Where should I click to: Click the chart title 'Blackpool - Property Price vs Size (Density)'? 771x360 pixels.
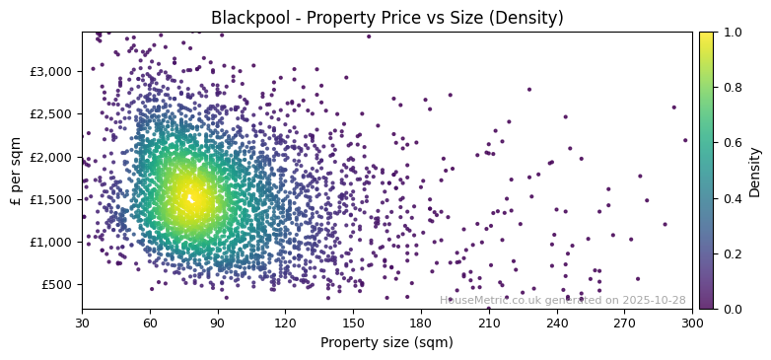coord(387,18)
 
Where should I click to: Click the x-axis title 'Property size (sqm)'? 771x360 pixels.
coord(386,343)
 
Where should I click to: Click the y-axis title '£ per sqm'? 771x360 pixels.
coord(17,171)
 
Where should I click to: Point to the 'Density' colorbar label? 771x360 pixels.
coord(754,171)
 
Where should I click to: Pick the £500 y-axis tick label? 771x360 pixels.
coord(57,284)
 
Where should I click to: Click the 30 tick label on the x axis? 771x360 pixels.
coord(82,323)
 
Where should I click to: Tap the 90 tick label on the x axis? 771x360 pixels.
coord(218,323)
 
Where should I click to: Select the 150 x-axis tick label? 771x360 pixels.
coord(353,323)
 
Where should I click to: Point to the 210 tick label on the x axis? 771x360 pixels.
coord(489,323)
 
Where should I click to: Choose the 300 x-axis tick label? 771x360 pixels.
coord(692,323)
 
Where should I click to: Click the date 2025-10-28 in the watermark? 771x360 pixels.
coord(655,301)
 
